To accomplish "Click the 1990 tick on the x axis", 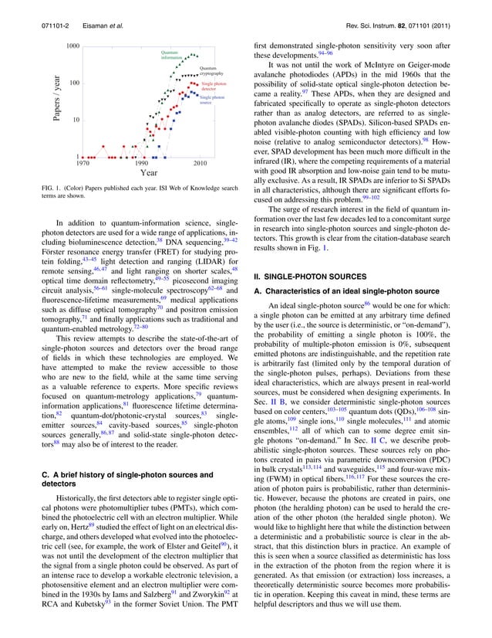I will [x=142, y=164].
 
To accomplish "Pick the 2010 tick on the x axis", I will [x=200, y=164].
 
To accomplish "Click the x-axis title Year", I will [x=149, y=174].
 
